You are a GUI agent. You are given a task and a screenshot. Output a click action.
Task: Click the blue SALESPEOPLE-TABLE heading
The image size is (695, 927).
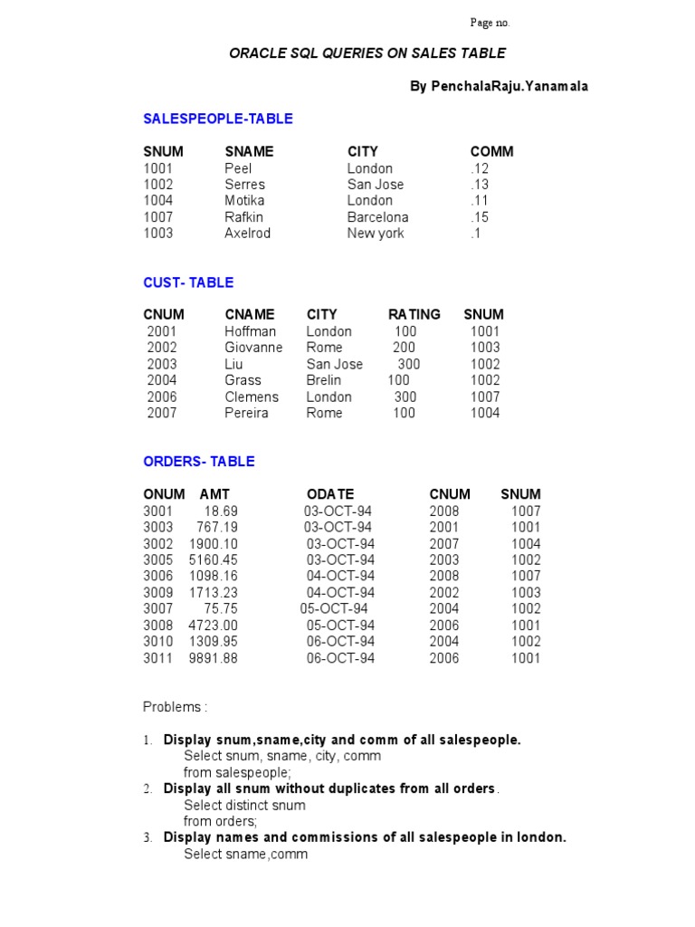click(x=218, y=119)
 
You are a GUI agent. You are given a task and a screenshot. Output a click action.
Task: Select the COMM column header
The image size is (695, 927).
click(x=491, y=151)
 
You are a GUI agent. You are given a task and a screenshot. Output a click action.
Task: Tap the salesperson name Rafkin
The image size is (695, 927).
click(x=243, y=217)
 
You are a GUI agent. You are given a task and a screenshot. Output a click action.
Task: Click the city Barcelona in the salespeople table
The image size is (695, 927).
click(x=377, y=217)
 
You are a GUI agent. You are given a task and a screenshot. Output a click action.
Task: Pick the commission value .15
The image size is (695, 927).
click(x=480, y=217)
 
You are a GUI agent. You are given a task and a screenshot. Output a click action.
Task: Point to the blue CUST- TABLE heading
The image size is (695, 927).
click(x=188, y=282)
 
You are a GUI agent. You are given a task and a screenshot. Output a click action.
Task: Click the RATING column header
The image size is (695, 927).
click(x=414, y=314)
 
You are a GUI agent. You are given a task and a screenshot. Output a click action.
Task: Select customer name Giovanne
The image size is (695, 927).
click(x=253, y=348)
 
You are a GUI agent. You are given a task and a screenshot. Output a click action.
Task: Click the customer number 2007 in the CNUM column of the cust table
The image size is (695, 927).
click(x=162, y=413)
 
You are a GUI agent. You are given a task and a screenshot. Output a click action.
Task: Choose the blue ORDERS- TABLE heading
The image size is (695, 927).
click(x=199, y=461)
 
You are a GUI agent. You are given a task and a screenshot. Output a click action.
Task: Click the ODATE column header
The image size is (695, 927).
click(x=330, y=494)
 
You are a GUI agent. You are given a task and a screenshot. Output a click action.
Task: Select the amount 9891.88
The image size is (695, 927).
click(x=214, y=658)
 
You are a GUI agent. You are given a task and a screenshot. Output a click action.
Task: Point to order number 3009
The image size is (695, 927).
click(x=157, y=593)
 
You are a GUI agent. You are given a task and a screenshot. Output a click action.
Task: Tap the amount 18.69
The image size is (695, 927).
click(x=221, y=511)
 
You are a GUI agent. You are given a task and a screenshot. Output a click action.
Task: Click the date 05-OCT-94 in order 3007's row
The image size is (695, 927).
click(x=334, y=608)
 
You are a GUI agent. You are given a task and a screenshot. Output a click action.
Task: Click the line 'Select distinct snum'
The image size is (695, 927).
click(x=244, y=805)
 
